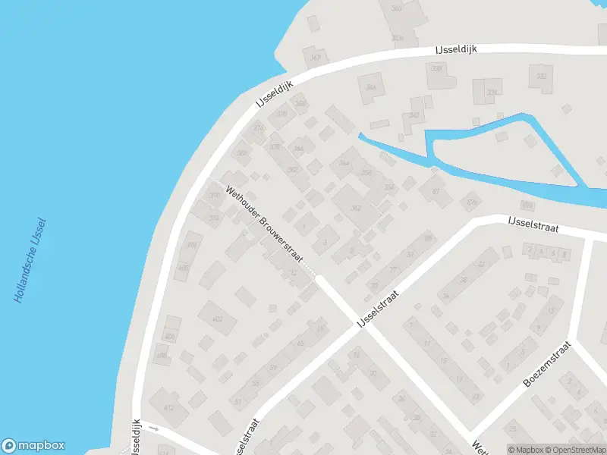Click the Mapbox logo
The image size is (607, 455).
[x=33, y=446]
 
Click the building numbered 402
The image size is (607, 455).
[x=218, y=319]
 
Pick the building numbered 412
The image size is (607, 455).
[x=168, y=408]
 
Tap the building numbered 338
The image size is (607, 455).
[x=436, y=69]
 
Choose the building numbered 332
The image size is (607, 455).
[x=542, y=77]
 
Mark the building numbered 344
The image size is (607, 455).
[x=371, y=87]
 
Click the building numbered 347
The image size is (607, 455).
[x=315, y=57]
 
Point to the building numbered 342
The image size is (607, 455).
[x=414, y=115]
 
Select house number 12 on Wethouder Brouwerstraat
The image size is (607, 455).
[x=294, y=273]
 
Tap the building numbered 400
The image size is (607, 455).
[x=183, y=267]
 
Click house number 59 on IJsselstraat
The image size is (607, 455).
[x=272, y=368]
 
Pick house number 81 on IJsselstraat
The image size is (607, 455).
[x=410, y=253]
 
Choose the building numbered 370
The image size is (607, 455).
[x=282, y=115]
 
